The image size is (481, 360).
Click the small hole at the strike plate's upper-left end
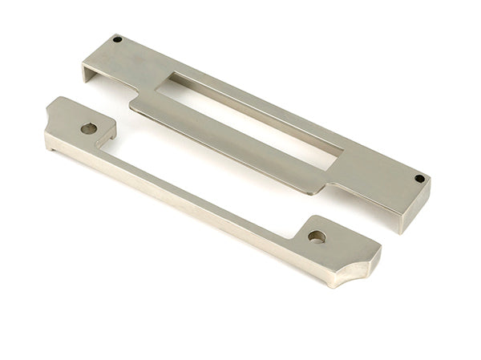click(117, 38)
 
